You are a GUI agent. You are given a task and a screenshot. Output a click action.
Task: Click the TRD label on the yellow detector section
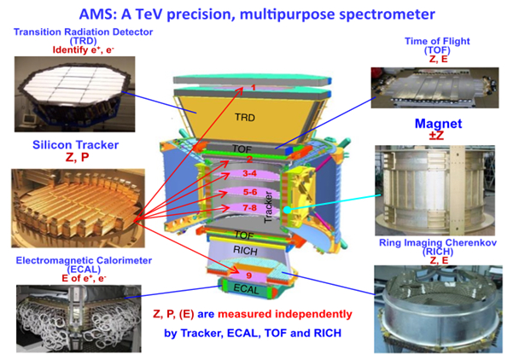click(245, 117)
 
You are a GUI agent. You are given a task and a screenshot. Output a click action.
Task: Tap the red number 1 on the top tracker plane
click(253, 87)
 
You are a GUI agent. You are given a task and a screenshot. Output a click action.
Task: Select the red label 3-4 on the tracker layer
click(249, 173)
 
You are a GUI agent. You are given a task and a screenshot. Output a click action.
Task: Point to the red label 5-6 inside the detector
click(250, 192)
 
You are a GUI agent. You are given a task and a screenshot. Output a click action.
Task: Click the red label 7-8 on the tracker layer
click(249, 207)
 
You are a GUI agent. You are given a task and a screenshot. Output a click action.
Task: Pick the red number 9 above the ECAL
click(249, 276)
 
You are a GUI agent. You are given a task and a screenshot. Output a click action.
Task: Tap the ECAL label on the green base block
click(246, 289)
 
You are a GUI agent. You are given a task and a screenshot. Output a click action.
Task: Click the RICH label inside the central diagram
click(245, 251)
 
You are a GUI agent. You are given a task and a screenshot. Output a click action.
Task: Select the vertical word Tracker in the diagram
click(268, 207)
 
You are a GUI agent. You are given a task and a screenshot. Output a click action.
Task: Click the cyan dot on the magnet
click(287, 210)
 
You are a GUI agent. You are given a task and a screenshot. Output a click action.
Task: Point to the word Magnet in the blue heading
click(439, 124)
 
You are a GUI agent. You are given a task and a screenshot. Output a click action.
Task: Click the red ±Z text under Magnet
click(436, 135)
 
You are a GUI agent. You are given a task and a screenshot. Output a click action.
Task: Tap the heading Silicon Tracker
click(76, 145)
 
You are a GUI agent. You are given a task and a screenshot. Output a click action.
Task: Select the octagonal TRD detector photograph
click(74, 94)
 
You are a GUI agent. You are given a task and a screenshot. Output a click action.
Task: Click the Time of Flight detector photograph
click(434, 88)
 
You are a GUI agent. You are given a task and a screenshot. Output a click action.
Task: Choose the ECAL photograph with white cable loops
click(79, 318)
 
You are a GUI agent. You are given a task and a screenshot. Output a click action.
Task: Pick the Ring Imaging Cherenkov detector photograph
click(438, 310)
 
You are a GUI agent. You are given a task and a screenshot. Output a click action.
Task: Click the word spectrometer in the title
click(387, 15)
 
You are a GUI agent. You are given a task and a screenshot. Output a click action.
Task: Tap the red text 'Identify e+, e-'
click(84, 50)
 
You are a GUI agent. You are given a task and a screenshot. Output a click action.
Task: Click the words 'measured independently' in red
click(285, 314)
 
